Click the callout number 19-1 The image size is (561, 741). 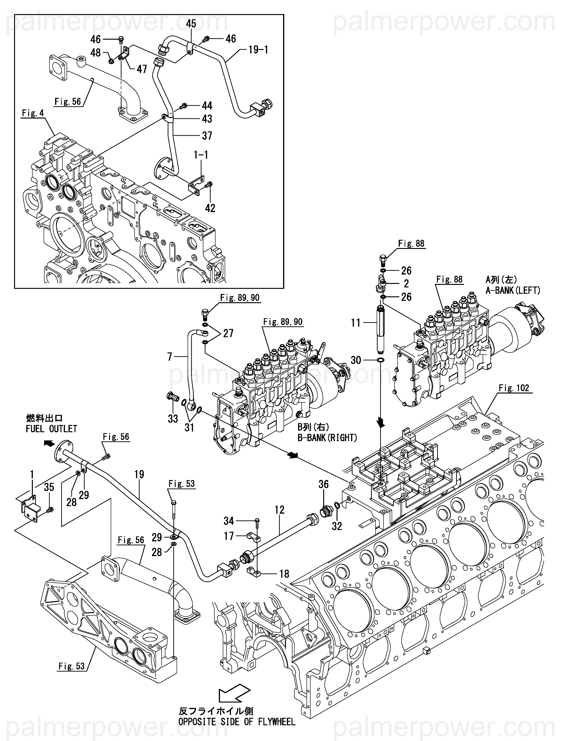click(x=258, y=50)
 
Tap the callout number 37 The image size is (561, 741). click(x=207, y=136)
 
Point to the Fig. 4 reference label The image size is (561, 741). click(x=33, y=113)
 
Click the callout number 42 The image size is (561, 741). click(x=210, y=208)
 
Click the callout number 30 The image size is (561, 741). click(x=356, y=360)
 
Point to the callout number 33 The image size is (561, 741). click(x=173, y=418)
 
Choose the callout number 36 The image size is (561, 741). click(x=324, y=484)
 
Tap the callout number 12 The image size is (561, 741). click(x=279, y=510)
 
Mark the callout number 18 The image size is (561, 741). click(x=284, y=574)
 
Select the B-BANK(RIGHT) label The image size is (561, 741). click(x=327, y=438)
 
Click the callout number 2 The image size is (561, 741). click(x=406, y=284)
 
